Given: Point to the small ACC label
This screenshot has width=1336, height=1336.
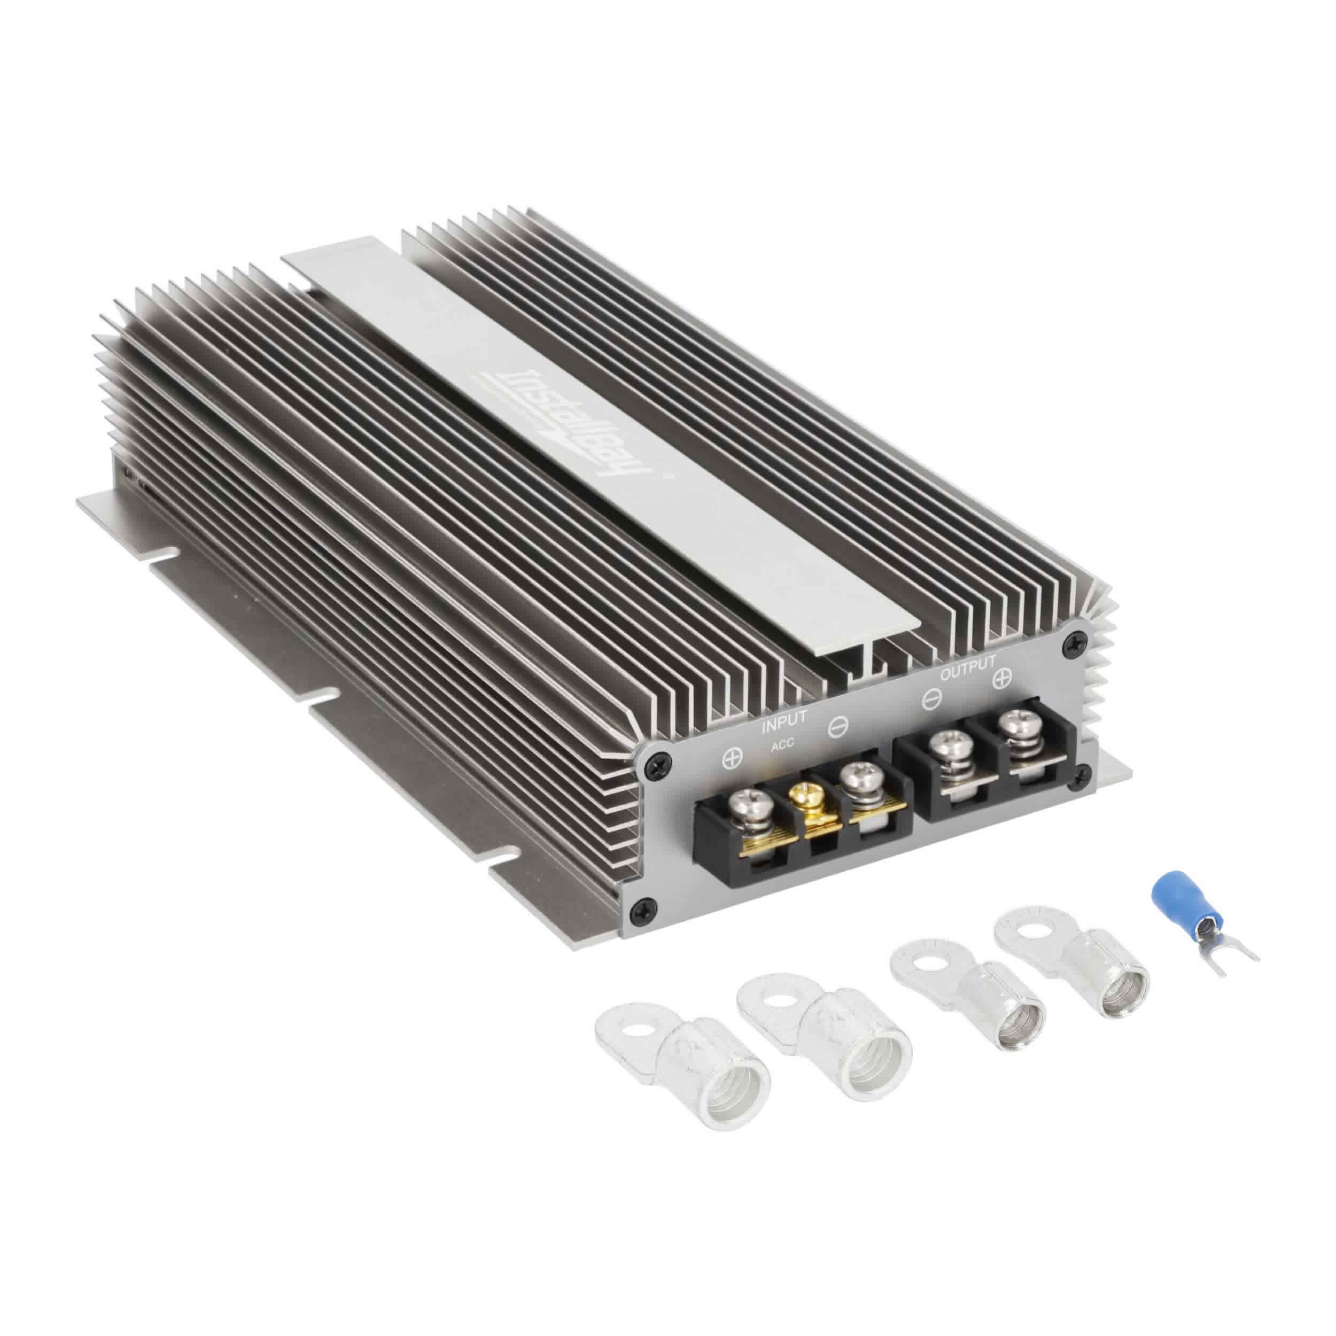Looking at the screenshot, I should click(783, 744).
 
